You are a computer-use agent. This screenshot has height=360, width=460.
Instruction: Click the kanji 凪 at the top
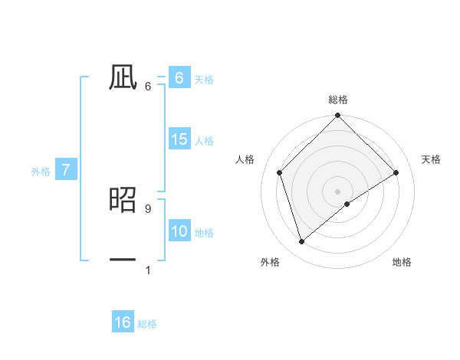click(123, 77)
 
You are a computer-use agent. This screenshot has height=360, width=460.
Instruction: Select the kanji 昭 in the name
click(123, 201)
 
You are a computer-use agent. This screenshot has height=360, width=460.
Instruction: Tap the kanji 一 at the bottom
click(123, 260)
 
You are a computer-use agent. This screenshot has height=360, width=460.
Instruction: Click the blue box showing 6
click(179, 78)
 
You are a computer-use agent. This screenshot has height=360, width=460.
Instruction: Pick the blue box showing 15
click(179, 140)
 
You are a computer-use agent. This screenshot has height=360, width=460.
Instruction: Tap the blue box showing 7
click(66, 171)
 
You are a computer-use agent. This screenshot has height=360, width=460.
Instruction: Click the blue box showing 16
click(123, 322)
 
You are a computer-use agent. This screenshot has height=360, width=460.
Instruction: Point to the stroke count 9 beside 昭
click(147, 208)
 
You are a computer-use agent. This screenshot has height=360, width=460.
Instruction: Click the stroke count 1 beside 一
click(147, 270)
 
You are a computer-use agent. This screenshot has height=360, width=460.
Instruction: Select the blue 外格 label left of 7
click(41, 172)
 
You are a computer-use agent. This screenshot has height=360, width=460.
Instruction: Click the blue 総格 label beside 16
click(147, 324)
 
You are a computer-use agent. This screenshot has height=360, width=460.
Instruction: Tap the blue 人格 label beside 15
click(204, 141)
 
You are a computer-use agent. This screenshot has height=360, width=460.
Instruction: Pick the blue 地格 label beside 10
click(204, 233)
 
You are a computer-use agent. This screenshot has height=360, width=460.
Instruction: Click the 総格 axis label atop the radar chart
click(337, 100)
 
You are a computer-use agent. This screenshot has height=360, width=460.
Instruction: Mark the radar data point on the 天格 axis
click(396, 172)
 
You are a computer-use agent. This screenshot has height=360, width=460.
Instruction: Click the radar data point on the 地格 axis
click(347, 204)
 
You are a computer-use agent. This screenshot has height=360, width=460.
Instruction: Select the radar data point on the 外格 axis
click(301, 242)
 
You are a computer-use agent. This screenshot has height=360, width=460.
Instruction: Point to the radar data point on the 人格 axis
click(280, 172)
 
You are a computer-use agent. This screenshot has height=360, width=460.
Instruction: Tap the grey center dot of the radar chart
click(337, 191)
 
